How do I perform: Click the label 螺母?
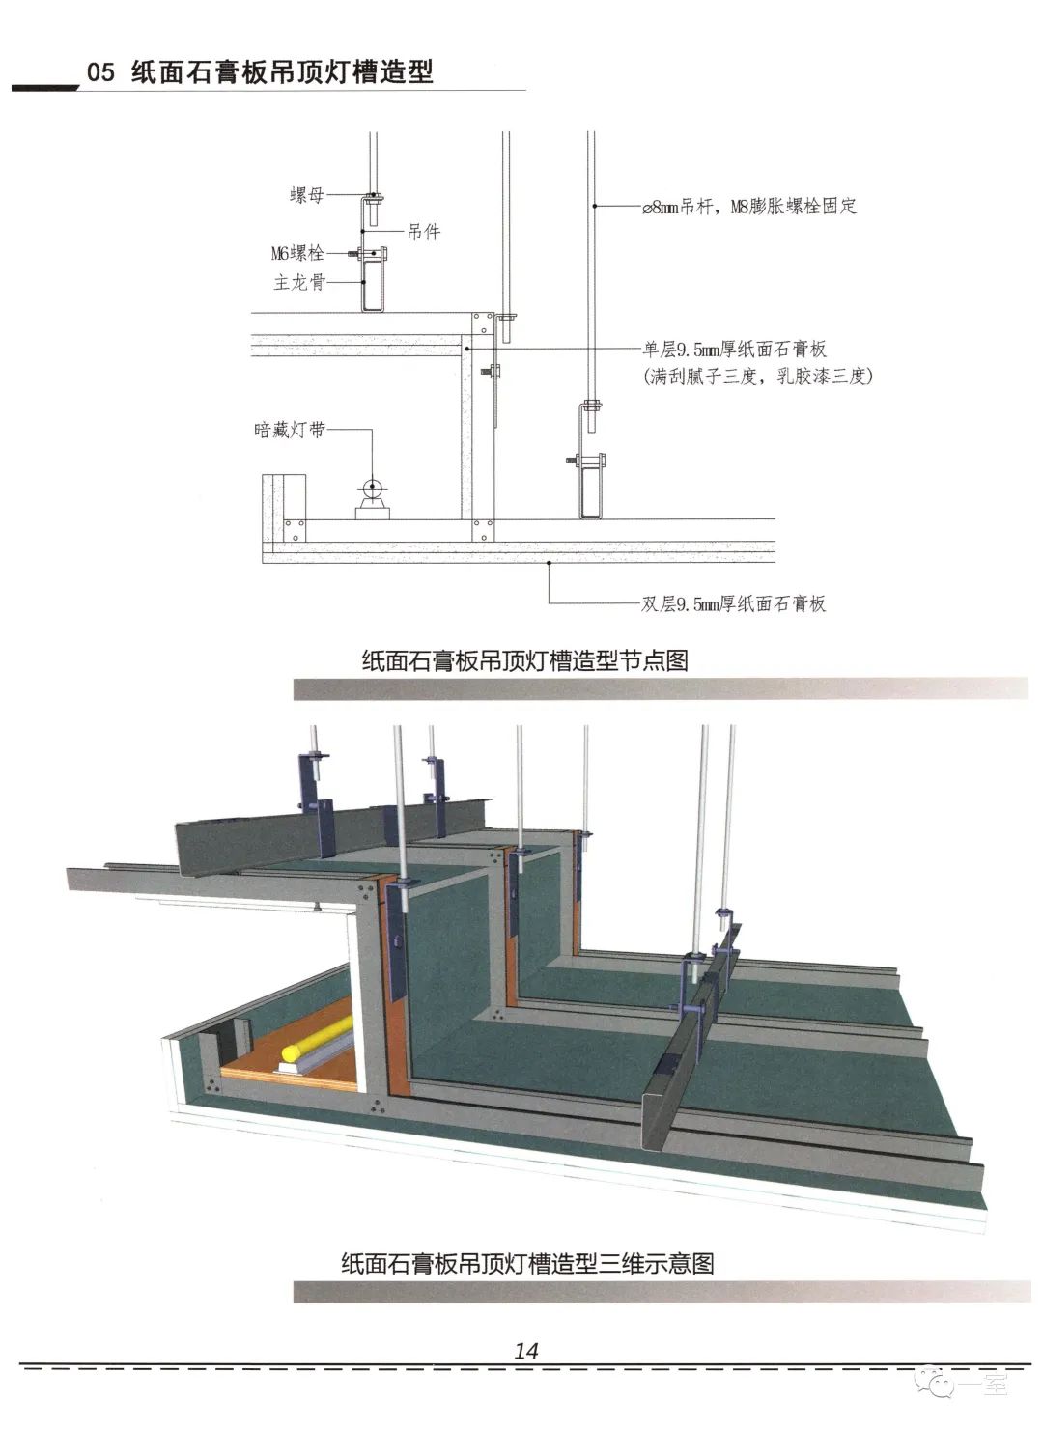tap(306, 196)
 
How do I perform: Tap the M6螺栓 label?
tap(297, 254)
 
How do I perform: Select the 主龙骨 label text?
tap(299, 283)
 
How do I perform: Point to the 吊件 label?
tap(424, 232)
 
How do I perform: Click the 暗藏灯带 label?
tap(289, 430)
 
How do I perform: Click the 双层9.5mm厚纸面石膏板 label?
tap(734, 604)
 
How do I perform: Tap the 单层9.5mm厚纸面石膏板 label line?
tap(734, 350)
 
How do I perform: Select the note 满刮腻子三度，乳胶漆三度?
tap(757, 377)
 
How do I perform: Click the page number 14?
tap(526, 1351)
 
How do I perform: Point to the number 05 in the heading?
tap(100, 72)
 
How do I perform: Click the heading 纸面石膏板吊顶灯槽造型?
tap(282, 72)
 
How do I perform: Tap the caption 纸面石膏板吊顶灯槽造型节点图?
tap(524, 660)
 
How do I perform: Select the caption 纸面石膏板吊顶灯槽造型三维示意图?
tap(527, 1263)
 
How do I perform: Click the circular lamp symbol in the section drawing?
tap(373, 488)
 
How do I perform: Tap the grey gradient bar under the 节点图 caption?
tap(660, 688)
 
